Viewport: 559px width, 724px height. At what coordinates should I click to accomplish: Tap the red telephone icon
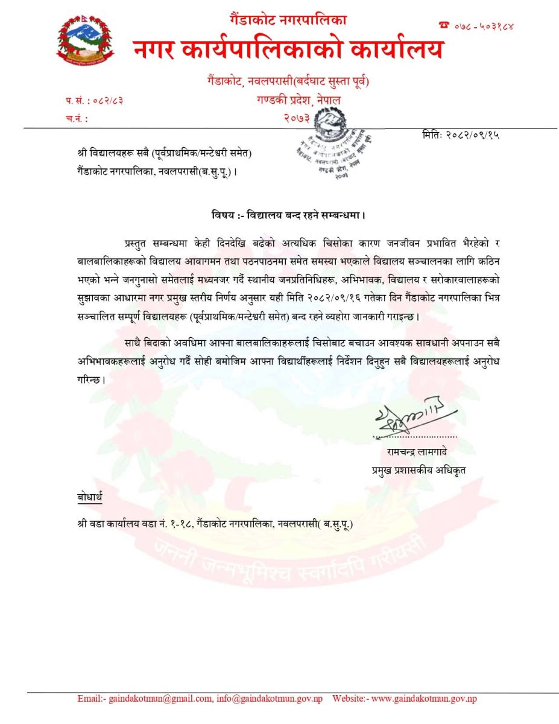coord(444,25)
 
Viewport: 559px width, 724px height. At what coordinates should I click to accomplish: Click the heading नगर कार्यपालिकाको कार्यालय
coord(288,49)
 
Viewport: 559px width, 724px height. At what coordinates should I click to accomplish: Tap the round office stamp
coord(323,144)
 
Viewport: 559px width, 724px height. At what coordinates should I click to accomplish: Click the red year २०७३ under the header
coord(297,119)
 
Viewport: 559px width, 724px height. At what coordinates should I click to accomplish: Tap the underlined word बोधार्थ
coord(90,497)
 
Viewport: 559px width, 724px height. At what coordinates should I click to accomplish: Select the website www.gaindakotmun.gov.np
coord(424,699)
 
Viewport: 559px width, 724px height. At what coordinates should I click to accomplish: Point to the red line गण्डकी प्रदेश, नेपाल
coord(298,100)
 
